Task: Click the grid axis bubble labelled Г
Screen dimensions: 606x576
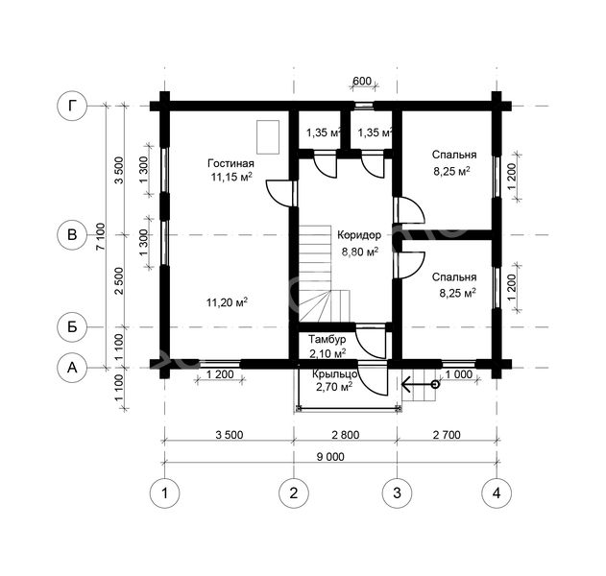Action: tap(72, 106)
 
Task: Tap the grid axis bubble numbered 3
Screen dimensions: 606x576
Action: tap(397, 492)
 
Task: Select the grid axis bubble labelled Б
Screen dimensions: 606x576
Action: tap(72, 327)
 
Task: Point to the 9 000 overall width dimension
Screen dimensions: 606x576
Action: tap(330, 457)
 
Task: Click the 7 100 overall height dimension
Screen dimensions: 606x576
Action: tap(100, 236)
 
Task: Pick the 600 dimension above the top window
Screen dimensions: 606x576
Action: tap(362, 82)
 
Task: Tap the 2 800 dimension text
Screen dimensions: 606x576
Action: tap(345, 435)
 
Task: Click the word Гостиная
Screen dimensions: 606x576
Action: tap(230, 163)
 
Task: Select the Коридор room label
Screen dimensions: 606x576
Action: tap(359, 235)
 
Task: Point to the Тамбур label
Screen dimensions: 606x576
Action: tap(327, 340)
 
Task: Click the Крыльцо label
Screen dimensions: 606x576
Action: tap(334, 374)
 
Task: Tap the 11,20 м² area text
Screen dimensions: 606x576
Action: tap(227, 302)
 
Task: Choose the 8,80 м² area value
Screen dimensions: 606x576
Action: tap(360, 252)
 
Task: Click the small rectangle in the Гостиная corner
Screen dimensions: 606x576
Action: tap(268, 137)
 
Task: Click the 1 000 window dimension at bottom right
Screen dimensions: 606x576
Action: tap(459, 374)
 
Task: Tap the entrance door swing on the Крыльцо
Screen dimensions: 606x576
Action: tap(373, 379)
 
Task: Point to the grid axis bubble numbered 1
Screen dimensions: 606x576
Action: tap(164, 492)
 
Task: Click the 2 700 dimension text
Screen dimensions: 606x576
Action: tap(447, 435)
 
